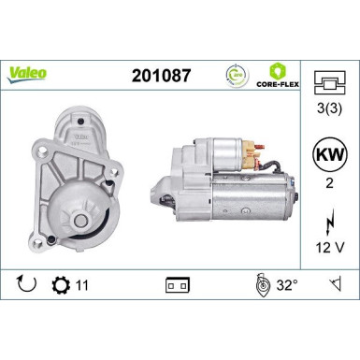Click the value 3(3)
[328, 109]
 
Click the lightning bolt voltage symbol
[328, 223]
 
